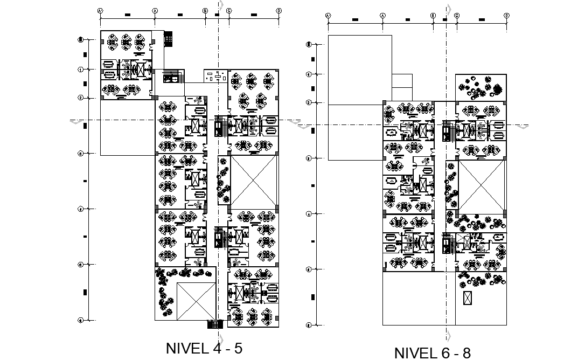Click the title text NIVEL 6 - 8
coord(433,352)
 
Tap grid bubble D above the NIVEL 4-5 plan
coord(278,10)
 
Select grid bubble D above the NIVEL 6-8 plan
coord(506,15)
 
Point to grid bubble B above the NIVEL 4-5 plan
coord(205,10)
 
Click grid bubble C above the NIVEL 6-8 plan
coord(456,15)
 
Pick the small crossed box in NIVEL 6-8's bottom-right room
coord(466,297)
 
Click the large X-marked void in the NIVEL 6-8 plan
coord(481,184)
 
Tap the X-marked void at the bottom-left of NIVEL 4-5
coord(196,301)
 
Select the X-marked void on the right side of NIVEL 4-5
coord(253,182)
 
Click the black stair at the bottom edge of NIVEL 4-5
coord(215,323)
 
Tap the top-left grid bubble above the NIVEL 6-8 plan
coord(328,15)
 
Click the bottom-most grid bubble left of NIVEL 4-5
coord(80,320)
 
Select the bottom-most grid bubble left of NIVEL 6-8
coord(309,325)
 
